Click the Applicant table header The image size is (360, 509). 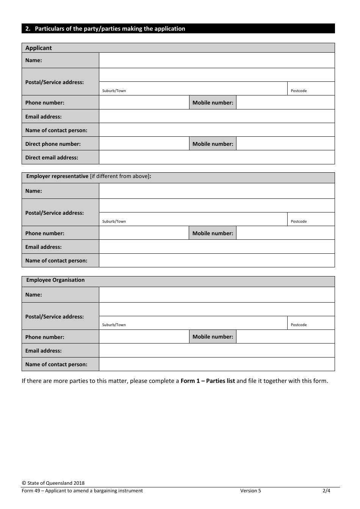39,48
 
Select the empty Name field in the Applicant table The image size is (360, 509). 216,60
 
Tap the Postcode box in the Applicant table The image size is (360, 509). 311,89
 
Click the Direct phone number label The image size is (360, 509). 53,144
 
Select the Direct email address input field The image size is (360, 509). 216,157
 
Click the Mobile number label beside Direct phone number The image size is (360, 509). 213,144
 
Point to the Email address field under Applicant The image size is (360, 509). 216,116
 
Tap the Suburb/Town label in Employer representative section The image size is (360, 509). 114,222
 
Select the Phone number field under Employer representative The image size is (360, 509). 144,233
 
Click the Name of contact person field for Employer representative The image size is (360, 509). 216,261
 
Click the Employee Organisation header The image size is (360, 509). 55,280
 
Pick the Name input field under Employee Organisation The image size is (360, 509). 216,295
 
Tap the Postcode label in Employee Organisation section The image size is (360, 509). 299,325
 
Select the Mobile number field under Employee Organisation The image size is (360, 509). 285,337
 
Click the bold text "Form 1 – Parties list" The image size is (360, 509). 208,381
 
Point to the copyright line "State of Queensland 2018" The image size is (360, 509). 53,483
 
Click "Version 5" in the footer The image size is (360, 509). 250,491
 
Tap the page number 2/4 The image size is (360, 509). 326,491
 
